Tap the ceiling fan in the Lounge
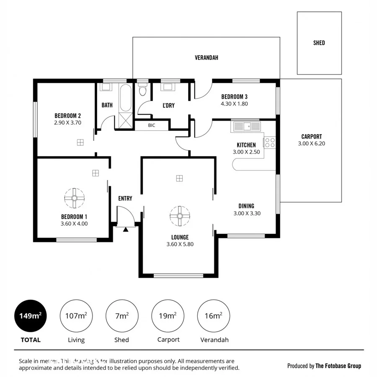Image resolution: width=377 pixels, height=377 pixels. [179, 216]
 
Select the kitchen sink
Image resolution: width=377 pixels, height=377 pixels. [246, 125]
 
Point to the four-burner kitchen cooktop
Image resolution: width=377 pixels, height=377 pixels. [270, 142]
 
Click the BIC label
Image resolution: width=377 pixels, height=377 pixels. [152, 125]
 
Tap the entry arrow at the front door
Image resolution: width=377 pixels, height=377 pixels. [125, 229]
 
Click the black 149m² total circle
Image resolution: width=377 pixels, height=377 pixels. [31, 316]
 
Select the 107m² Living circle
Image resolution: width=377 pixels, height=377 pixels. [76, 316]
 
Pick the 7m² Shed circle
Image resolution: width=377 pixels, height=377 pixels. [121, 316]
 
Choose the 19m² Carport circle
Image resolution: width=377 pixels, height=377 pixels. [168, 316]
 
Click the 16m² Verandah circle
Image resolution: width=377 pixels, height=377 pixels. [213, 316]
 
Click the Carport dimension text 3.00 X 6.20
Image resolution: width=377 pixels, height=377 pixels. [311, 143]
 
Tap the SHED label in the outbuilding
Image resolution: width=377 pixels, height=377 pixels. [319, 43]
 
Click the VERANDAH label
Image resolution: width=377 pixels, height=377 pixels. [207, 58]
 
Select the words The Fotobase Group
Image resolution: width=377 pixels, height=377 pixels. [338, 366]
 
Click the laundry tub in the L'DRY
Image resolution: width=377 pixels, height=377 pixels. [170, 88]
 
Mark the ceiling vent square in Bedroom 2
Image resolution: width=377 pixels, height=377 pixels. [80, 142]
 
